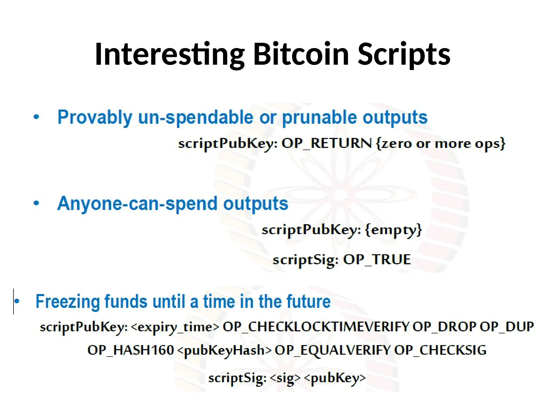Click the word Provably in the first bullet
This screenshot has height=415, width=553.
click(x=95, y=118)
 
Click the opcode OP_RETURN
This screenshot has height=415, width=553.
click(x=326, y=143)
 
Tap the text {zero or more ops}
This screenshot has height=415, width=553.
click(x=440, y=143)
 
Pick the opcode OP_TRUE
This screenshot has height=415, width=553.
click(x=377, y=260)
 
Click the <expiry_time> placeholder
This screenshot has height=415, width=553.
click(x=175, y=327)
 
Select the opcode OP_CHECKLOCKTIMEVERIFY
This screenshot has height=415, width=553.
click(x=316, y=327)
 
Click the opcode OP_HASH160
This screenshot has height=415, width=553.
click(x=130, y=350)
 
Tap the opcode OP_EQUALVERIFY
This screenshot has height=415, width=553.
click(x=332, y=350)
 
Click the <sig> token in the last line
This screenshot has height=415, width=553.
click(x=285, y=378)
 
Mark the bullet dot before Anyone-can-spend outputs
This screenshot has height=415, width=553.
click(x=36, y=203)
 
